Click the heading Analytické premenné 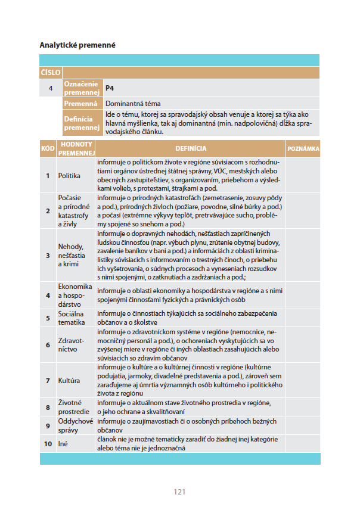(x=77, y=45)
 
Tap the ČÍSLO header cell (x=50, y=72)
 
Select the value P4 (x=110, y=88)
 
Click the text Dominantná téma (x=129, y=103)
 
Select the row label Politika (x=69, y=176)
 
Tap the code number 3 (x=48, y=256)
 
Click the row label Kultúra (x=69, y=380)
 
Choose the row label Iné (x=63, y=444)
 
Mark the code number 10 (x=48, y=444)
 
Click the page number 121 (x=179, y=492)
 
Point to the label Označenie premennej (x=81, y=88)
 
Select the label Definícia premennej (x=81, y=123)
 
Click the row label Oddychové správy (x=76, y=426)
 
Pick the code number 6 (x=48, y=345)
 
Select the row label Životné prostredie (x=74, y=408)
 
